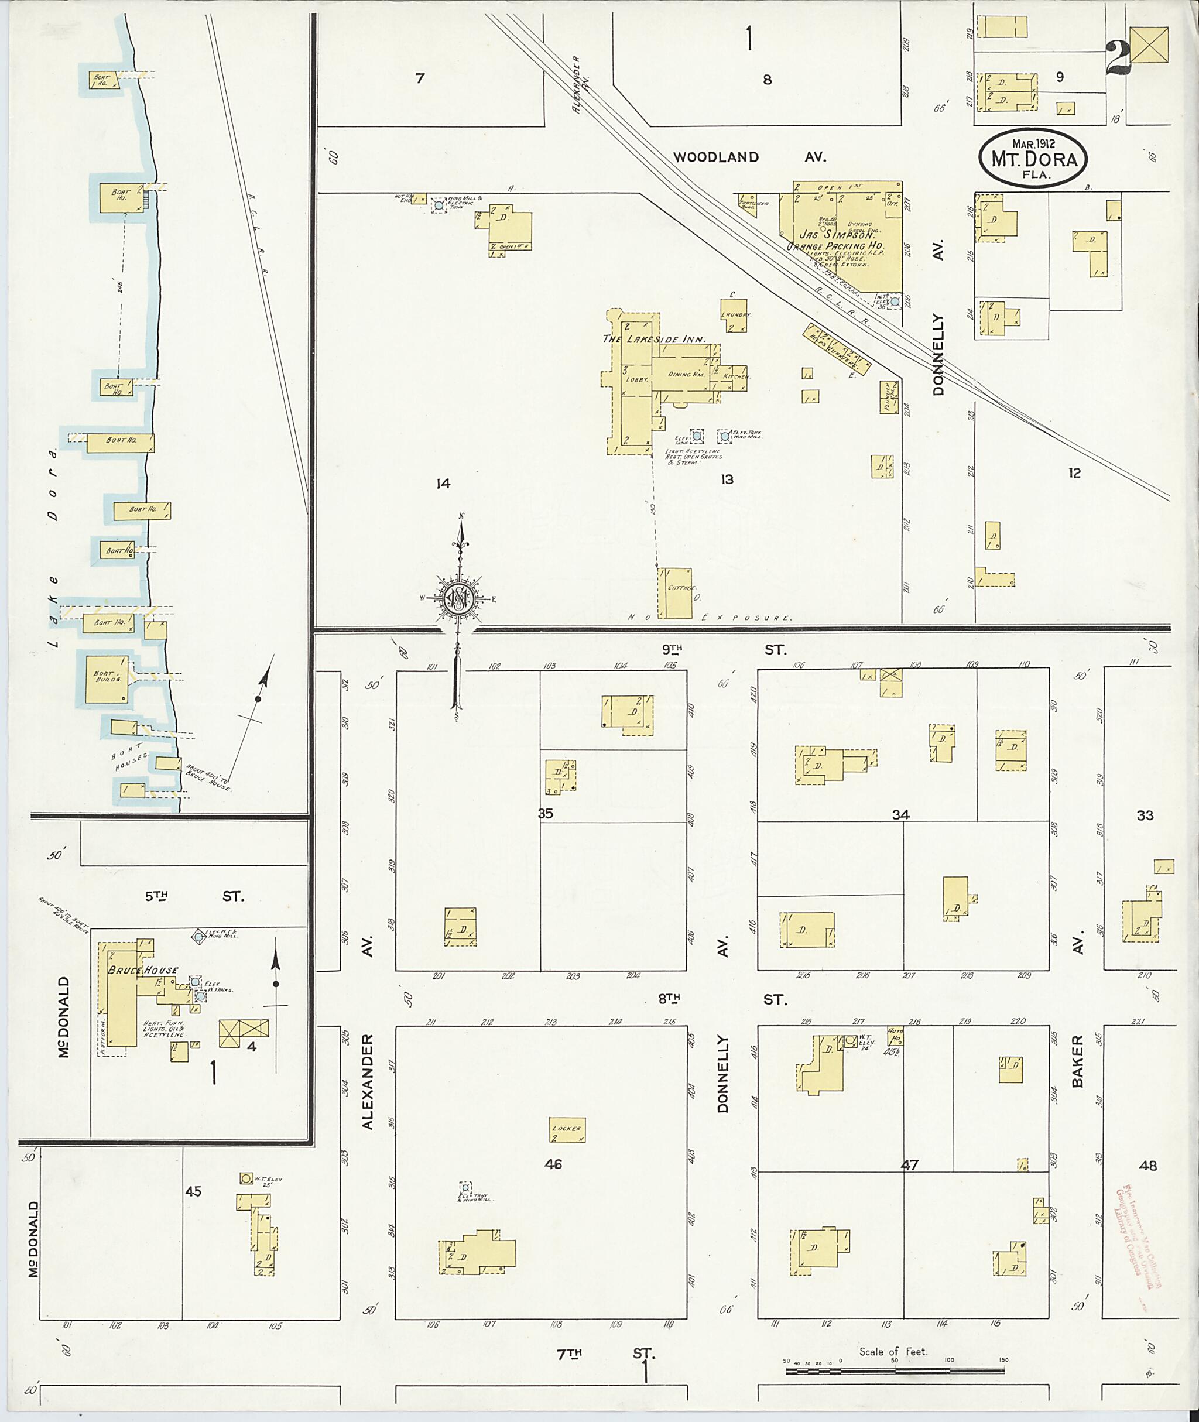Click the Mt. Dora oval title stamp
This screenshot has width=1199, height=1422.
point(1033,157)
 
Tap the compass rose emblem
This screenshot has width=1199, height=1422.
point(460,598)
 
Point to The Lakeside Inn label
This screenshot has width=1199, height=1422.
point(653,338)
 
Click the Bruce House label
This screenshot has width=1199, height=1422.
point(143,970)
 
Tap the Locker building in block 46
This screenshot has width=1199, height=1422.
point(567,1130)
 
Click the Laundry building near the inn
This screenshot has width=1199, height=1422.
point(734,316)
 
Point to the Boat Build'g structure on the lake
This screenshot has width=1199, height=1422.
point(106,678)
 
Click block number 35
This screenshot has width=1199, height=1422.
point(545,813)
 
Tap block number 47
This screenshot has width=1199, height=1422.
point(909,1164)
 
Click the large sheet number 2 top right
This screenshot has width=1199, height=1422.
point(1118,58)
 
